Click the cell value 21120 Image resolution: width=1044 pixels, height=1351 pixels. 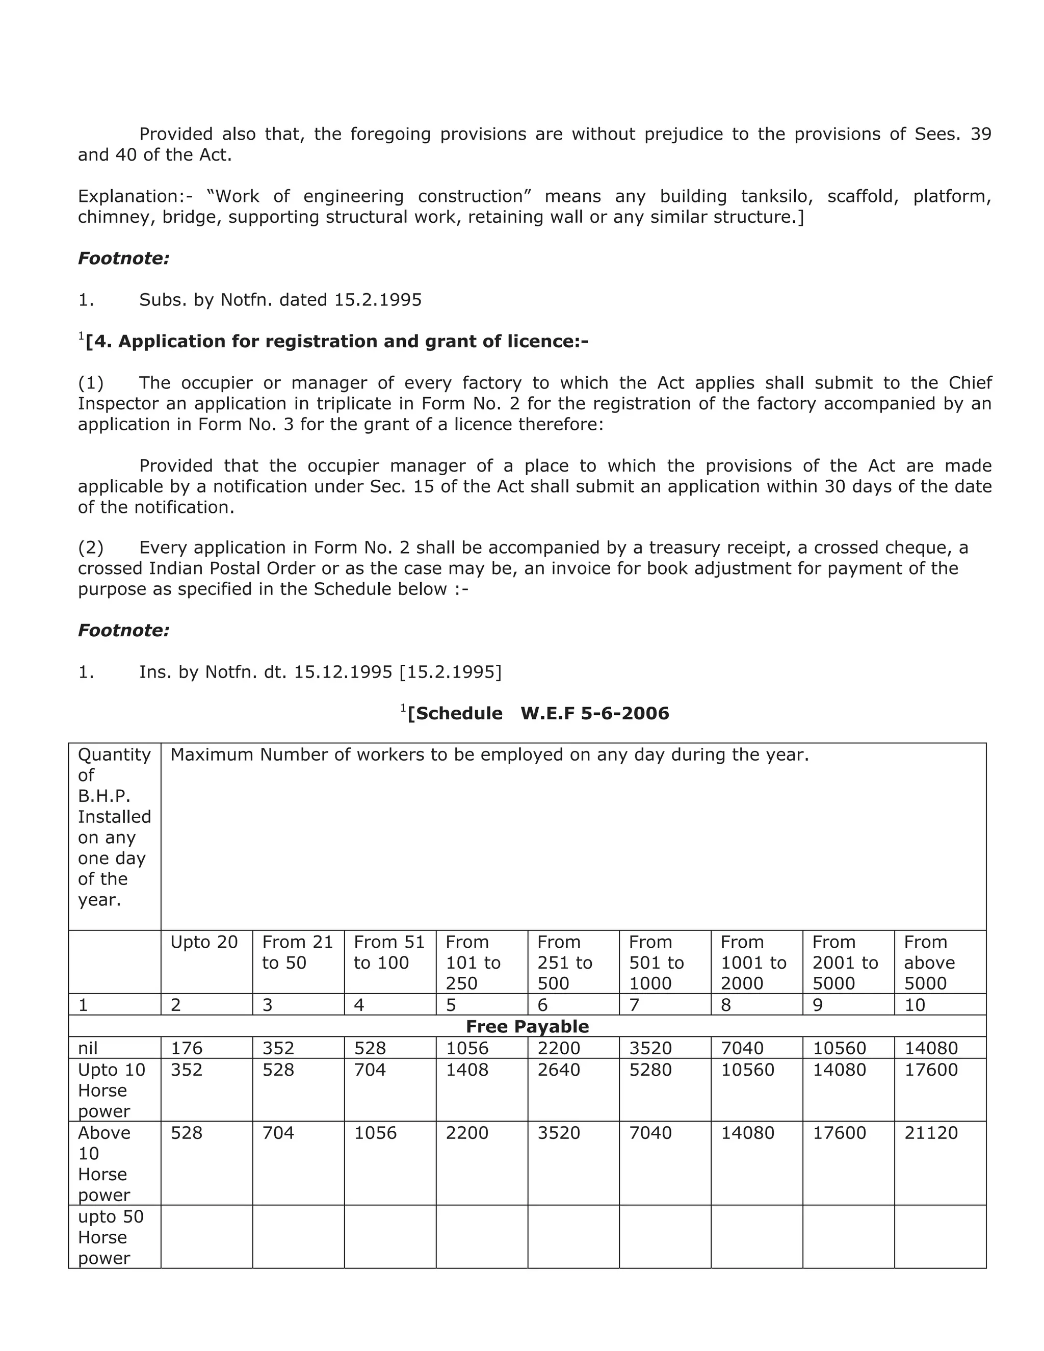(x=930, y=1133)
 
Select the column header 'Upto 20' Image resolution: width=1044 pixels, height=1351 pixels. (x=203, y=942)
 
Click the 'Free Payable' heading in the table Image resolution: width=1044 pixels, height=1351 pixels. (x=527, y=1027)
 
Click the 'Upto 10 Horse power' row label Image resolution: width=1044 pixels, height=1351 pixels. (x=111, y=1090)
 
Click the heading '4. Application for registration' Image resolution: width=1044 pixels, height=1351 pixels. (x=336, y=342)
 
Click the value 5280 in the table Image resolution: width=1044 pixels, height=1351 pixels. (x=650, y=1070)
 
